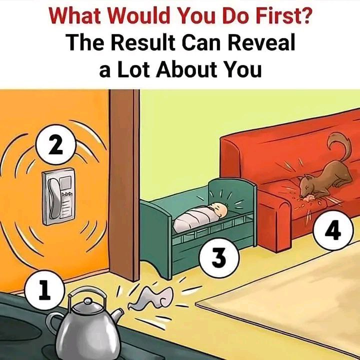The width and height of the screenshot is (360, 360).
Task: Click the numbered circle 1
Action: coord(44,289)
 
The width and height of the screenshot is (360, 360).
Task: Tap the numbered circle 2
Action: coord(56,144)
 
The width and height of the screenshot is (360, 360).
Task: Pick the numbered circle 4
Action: coord(333,230)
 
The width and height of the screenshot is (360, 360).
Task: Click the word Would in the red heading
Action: coord(141,16)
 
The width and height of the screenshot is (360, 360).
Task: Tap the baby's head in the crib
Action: coord(219,209)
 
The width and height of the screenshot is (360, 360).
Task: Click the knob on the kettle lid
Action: coord(88,301)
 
